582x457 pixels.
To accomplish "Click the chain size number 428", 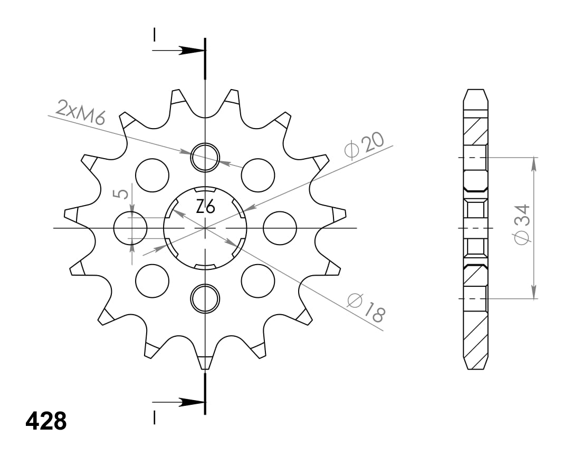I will pos(46,421).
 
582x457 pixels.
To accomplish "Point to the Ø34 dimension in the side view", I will pos(522,225).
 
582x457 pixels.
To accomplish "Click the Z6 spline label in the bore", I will pos(205,207).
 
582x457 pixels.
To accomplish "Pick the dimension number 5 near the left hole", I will pos(122,193).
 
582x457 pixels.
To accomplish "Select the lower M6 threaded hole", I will pos(205,298).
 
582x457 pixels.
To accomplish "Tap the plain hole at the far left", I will pos(130,228).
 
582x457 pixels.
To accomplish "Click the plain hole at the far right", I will pos(279,228).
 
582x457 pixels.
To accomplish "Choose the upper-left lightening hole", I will pos(152,175).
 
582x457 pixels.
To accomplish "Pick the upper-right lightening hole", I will pos(258,175).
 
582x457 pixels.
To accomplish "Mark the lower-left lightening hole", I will pos(152,280).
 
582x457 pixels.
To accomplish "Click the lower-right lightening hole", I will pos(258,280).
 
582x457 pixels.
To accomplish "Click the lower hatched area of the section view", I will pos(475,337).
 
